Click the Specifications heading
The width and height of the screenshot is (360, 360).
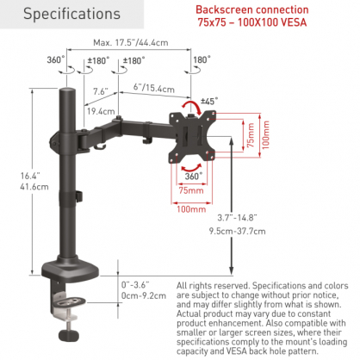(71, 14)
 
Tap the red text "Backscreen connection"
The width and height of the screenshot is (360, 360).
(252, 9)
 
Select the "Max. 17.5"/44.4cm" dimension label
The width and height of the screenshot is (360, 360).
(131, 42)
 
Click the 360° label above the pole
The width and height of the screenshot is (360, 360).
(56, 59)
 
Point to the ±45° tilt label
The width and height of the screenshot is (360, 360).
(209, 101)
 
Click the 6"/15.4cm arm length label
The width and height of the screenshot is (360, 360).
(154, 88)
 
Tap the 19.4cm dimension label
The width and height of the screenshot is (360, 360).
(101, 111)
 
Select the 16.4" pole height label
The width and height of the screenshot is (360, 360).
(30, 176)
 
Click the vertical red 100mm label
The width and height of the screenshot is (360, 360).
(266, 135)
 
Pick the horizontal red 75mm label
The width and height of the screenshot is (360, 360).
(191, 190)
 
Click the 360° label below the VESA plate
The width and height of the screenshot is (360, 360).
(193, 176)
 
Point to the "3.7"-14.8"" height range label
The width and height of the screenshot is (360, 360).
(237, 218)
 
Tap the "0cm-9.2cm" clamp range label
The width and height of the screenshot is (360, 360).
(144, 295)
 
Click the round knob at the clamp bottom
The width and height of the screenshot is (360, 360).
(69, 335)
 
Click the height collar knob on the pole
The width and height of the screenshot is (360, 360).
(79, 196)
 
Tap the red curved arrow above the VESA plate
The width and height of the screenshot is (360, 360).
(191, 107)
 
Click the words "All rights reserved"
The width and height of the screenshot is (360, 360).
(213, 286)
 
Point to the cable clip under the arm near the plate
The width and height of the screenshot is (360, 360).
(147, 140)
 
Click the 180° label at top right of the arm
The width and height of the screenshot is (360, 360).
(202, 59)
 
